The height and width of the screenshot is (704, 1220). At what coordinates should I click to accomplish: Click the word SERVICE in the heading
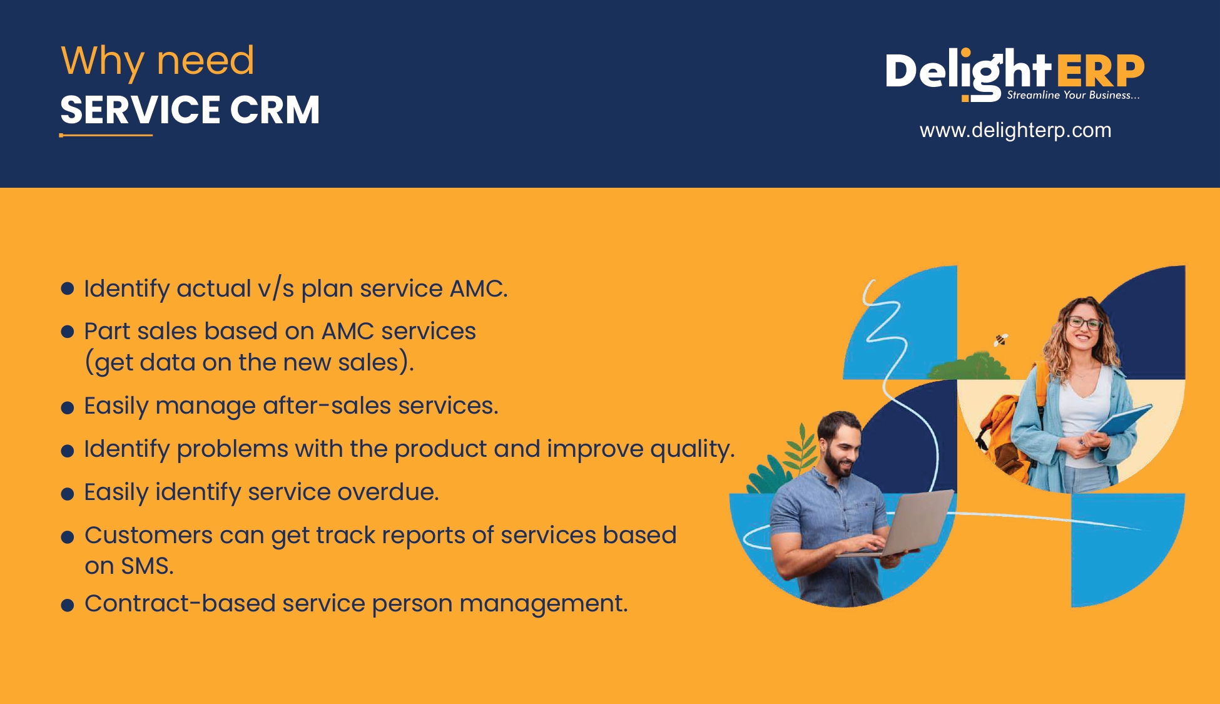(140, 110)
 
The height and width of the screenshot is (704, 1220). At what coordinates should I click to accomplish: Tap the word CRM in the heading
(275, 110)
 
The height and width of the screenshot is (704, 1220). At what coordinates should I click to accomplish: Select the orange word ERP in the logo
(1101, 71)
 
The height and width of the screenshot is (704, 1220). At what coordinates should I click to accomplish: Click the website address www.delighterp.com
(1015, 130)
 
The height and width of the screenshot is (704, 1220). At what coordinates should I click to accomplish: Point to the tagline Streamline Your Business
(1073, 95)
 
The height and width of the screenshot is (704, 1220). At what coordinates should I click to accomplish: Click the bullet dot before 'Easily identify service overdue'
(68, 494)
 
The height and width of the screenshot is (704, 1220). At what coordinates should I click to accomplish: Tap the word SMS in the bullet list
(147, 566)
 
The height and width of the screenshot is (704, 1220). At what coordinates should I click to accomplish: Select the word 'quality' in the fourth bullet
(692, 449)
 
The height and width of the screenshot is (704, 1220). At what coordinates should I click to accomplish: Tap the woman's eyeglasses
(1085, 323)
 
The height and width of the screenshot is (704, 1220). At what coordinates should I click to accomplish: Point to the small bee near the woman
(1001, 340)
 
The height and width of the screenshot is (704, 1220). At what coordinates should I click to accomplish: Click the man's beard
(838, 461)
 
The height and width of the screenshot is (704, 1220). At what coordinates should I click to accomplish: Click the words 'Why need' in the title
(158, 61)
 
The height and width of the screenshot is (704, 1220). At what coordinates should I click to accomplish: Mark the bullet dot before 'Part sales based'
(68, 331)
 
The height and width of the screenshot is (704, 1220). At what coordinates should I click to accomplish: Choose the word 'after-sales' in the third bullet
(327, 406)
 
